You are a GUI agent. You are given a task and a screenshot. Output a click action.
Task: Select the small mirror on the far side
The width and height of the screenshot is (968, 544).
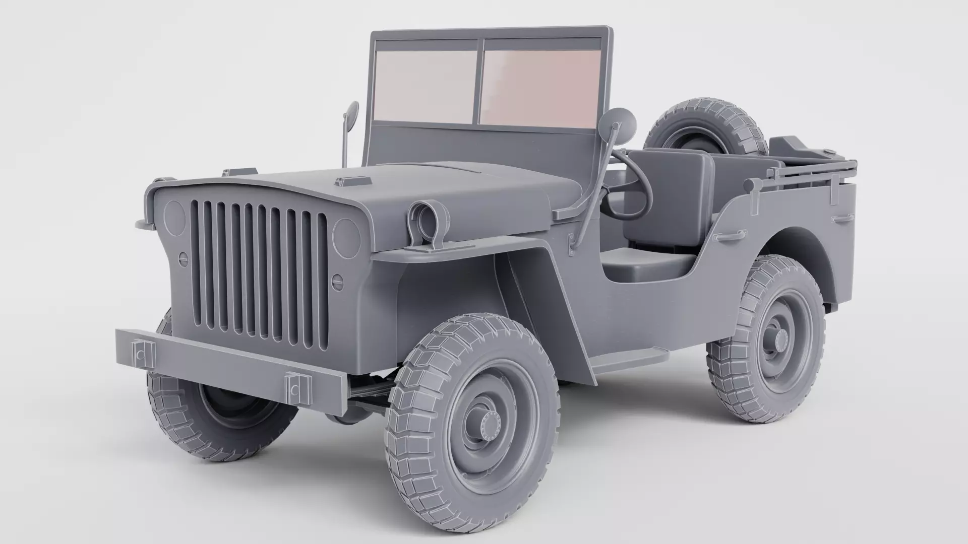point(351,115)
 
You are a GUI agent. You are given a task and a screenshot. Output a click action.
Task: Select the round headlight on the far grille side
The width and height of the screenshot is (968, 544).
point(175,218)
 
